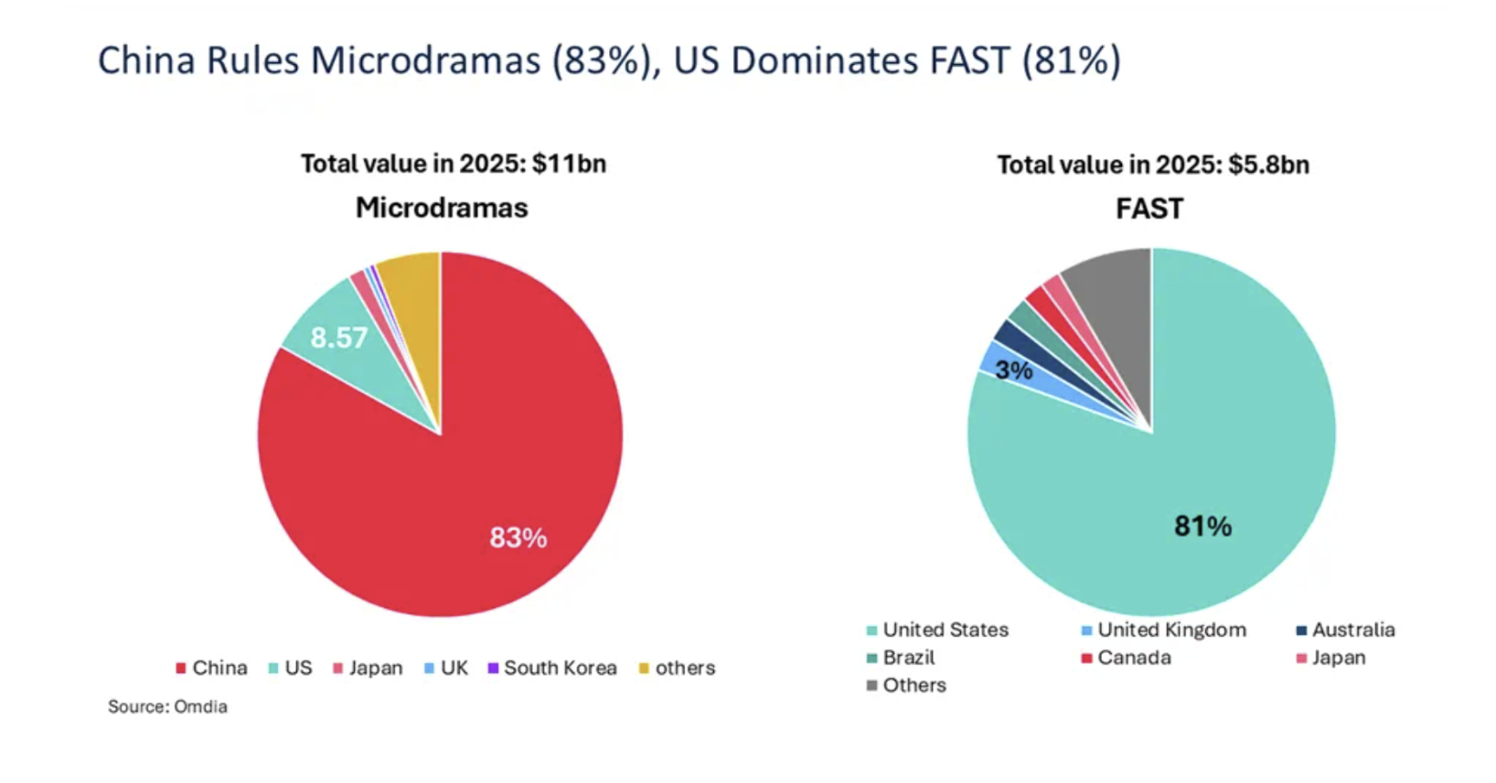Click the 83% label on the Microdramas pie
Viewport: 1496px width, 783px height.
point(518,537)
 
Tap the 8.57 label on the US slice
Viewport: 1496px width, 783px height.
point(338,338)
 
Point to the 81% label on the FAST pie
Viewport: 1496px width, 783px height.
point(1202,526)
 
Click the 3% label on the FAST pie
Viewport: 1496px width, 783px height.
point(1013,370)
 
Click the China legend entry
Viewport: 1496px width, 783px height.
point(211,668)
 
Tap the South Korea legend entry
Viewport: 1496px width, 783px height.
point(552,668)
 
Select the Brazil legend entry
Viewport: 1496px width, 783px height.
point(901,658)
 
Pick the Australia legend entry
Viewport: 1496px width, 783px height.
point(1345,629)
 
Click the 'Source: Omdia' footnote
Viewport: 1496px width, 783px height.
point(167,706)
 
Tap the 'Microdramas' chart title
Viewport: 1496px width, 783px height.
point(442,208)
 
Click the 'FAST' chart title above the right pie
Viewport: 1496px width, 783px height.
point(1149,209)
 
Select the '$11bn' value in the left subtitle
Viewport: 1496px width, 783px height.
point(569,164)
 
